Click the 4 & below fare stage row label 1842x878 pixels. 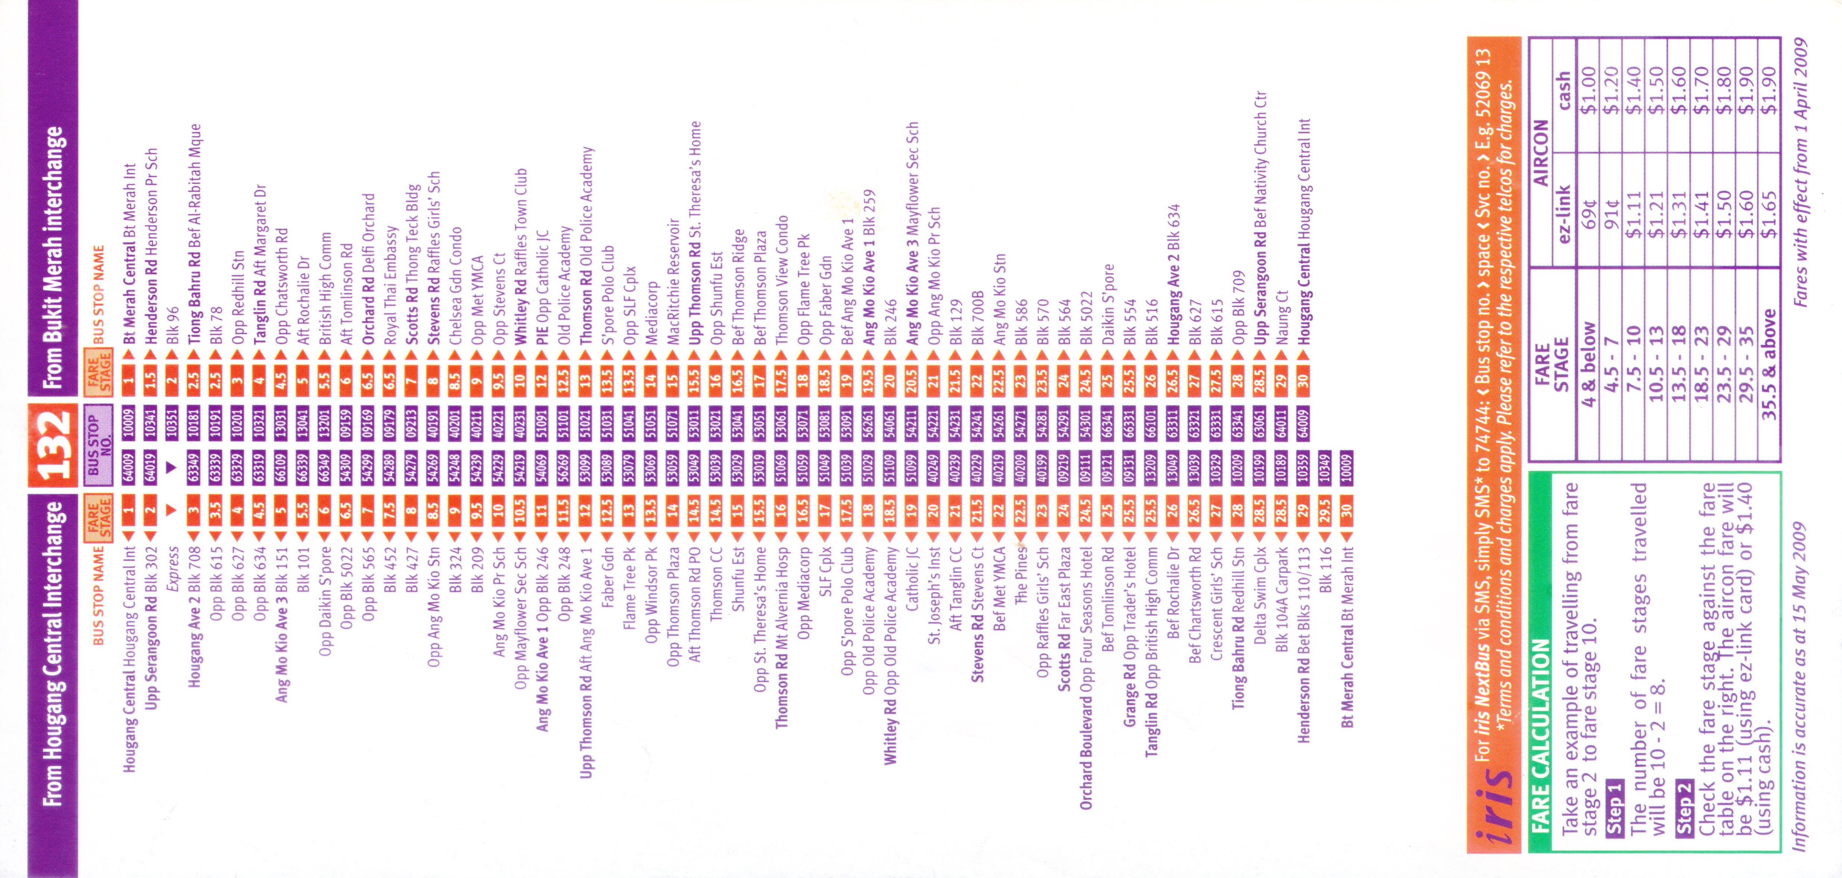coord(1588,365)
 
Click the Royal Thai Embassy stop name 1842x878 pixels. coord(390,286)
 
